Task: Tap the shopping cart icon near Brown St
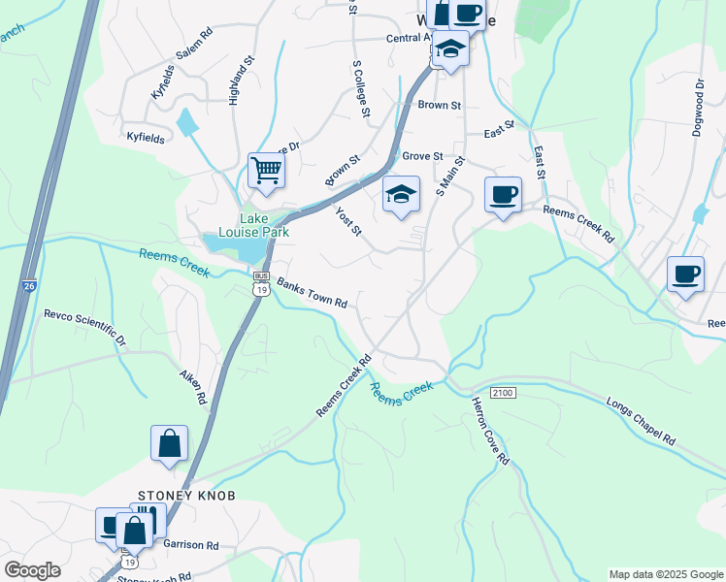(x=266, y=171)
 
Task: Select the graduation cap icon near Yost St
(x=401, y=194)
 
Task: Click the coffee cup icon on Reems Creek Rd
(x=503, y=195)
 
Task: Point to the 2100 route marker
(x=502, y=392)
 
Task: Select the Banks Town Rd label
(x=312, y=293)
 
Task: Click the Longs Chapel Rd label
(x=641, y=420)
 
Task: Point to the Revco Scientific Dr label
(x=85, y=327)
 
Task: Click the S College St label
(x=361, y=89)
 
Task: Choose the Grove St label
(x=422, y=155)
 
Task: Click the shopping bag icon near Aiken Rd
(x=169, y=444)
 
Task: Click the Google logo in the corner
(x=32, y=570)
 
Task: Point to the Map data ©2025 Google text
(x=665, y=574)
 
